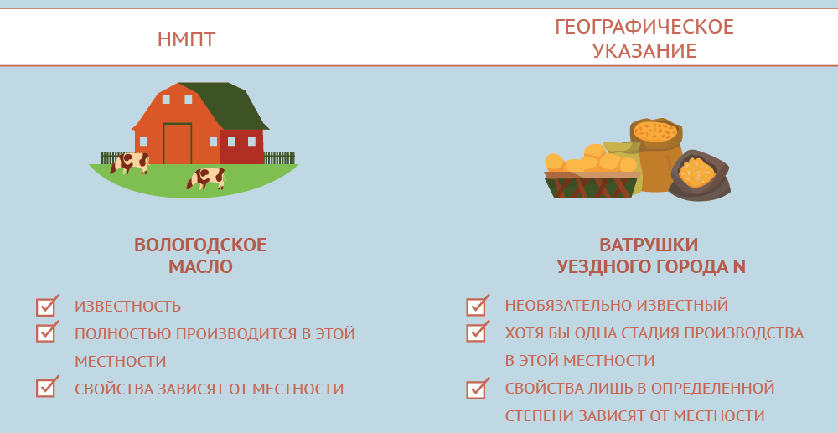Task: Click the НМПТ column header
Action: point(187,39)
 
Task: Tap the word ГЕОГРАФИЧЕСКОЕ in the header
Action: point(644,27)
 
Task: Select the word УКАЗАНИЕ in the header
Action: point(644,51)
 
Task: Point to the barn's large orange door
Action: point(178,143)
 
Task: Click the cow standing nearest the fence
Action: point(130,162)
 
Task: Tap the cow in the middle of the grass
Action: point(206,178)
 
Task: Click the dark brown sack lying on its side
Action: point(699,174)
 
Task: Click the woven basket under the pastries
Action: point(592,185)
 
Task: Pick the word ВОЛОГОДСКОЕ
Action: point(200,245)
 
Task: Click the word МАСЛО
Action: point(200,266)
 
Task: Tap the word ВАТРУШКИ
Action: point(649,245)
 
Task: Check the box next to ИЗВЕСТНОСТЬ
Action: point(46,307)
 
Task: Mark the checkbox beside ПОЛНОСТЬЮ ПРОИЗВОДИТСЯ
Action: point(46,332)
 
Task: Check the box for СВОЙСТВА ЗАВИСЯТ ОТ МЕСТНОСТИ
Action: point(46,387)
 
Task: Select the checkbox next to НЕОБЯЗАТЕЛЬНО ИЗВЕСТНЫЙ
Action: point(476,307)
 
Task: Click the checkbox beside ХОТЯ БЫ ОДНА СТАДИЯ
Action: point(476,332)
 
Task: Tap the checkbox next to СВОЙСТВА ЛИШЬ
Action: point(476,389)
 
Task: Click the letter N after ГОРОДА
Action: point(739,266)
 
